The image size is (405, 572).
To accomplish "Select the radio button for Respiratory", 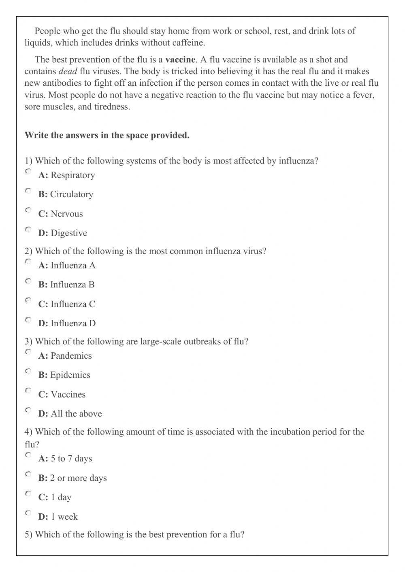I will (x=28, y=171).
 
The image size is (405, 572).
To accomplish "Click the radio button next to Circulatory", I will (x=28, y=191).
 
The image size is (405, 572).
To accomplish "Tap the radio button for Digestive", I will (x=28, y=229).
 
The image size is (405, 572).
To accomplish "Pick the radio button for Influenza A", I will (x=28, y=262).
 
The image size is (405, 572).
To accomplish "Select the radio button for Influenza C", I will (x=28, y=300).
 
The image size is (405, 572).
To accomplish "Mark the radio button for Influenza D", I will (x=28, y=320).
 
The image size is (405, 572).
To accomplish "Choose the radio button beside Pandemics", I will (x=28, y=352).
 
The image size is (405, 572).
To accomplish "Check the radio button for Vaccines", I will (x=28, y=391).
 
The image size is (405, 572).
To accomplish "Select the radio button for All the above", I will (x=28, y=410).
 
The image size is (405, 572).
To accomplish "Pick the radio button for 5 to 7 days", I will (x=28, y=455).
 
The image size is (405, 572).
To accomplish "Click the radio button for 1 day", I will (x=28, y=493).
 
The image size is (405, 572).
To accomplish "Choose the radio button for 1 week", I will (x=28, y=513).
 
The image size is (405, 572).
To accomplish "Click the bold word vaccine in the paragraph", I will (x=180, y=60).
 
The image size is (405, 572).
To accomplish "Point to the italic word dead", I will (x=68, y=72).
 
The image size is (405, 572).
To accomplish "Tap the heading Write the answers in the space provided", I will (x=107, y=135).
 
